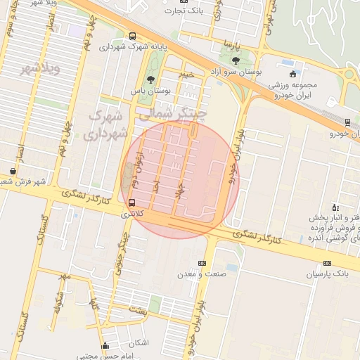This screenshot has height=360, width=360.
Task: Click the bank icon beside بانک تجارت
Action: point(184,2)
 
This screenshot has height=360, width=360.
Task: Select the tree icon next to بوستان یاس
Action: point(151,79)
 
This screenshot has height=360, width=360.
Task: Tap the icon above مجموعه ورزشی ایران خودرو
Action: point(293,75)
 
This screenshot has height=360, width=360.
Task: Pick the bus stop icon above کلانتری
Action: point(123,203)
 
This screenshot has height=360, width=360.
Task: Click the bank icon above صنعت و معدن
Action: point(202,263)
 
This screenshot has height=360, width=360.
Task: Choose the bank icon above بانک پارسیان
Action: point(326,263)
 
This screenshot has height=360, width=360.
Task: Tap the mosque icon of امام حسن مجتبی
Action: point(105,345)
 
